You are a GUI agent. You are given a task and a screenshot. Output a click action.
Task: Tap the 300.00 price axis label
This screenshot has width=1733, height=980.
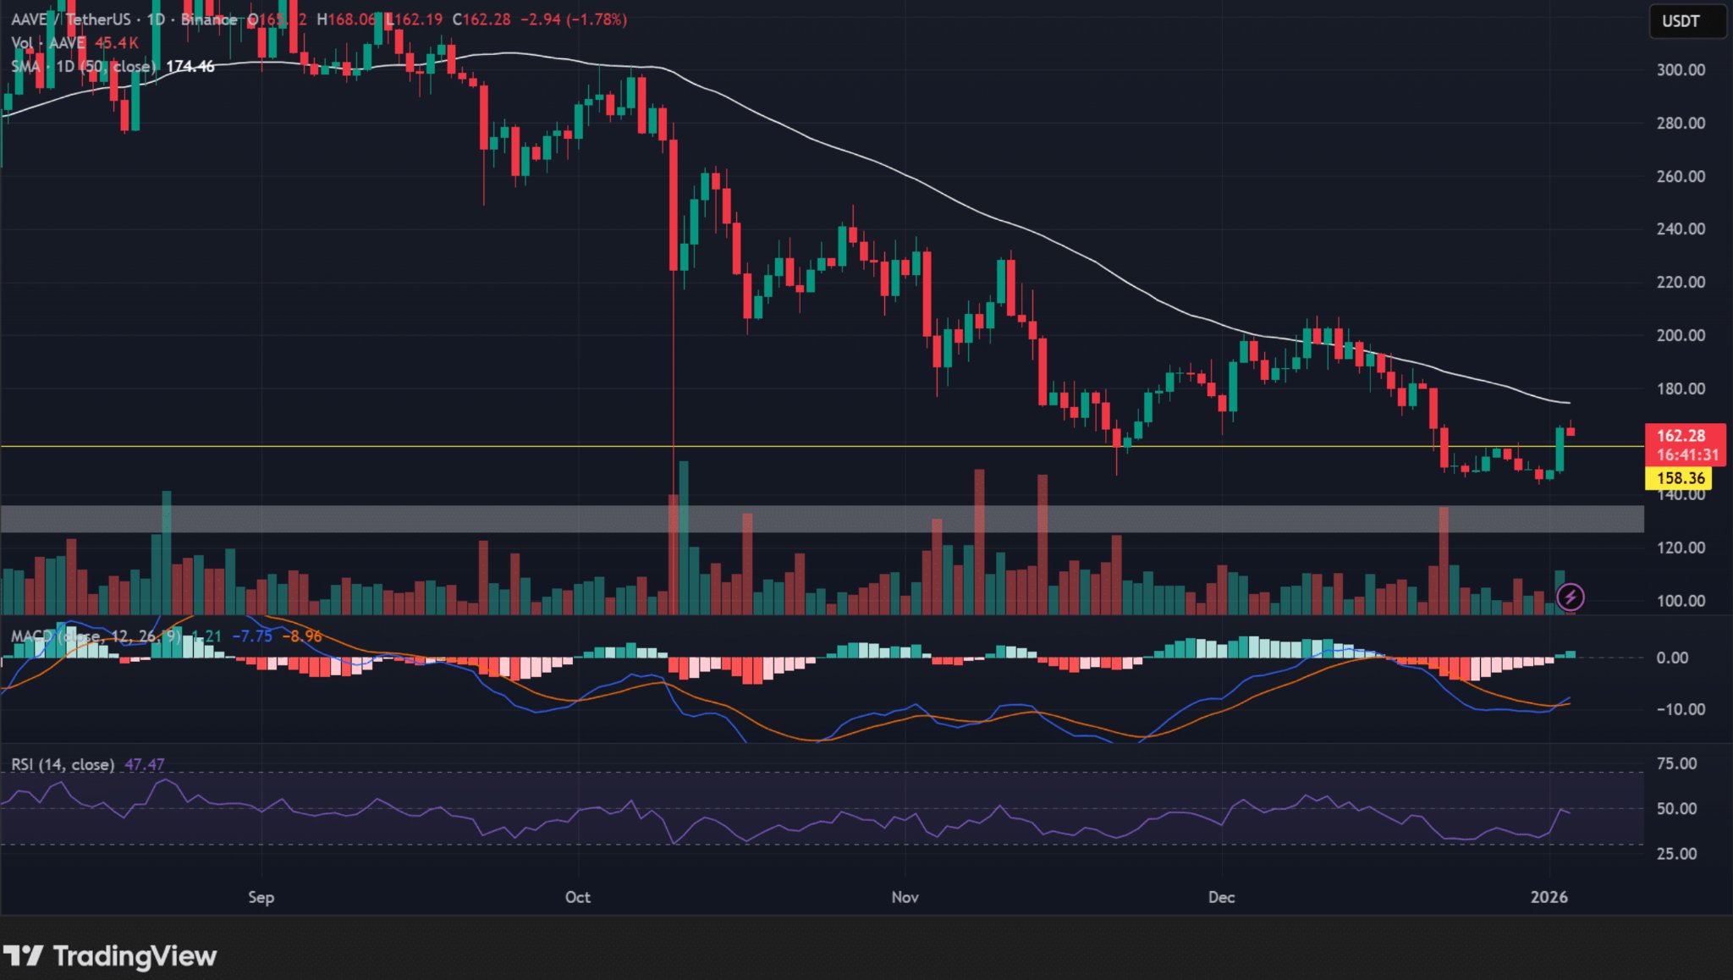[1681, 70]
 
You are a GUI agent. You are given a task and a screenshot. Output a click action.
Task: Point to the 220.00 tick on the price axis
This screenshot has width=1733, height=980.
[1681, 283]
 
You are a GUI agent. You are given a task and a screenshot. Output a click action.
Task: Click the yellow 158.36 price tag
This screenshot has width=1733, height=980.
[1680, 478]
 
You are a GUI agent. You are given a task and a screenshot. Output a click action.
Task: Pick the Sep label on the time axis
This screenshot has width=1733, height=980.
[261, 897]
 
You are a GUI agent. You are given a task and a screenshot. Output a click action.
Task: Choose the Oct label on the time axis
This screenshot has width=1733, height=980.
[577, 897]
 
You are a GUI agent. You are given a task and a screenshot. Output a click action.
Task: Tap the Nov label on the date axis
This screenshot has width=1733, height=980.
[905, 897]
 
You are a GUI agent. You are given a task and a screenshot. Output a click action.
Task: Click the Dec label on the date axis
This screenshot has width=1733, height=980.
[1221, 897]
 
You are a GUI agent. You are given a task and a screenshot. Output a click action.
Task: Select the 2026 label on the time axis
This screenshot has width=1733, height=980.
[1549, 897]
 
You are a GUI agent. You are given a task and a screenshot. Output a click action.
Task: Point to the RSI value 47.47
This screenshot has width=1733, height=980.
[145, 765]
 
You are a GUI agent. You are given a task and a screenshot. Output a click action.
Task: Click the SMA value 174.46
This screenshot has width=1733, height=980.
[190, 66]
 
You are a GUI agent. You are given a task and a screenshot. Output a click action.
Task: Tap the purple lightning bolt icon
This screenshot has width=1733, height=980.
[1571, 597]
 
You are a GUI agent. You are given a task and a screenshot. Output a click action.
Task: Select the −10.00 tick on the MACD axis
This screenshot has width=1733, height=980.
[1680, 710]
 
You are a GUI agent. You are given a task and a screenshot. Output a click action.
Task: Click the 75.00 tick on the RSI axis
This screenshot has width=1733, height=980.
[1676, 764]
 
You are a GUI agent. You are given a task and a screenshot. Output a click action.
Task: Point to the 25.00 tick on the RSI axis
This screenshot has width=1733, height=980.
[1676, 854]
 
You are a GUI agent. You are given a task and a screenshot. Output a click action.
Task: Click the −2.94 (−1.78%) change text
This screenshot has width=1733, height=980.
[573, 19]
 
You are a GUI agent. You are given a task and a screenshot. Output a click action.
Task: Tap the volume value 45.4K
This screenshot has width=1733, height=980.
[117, 43]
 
